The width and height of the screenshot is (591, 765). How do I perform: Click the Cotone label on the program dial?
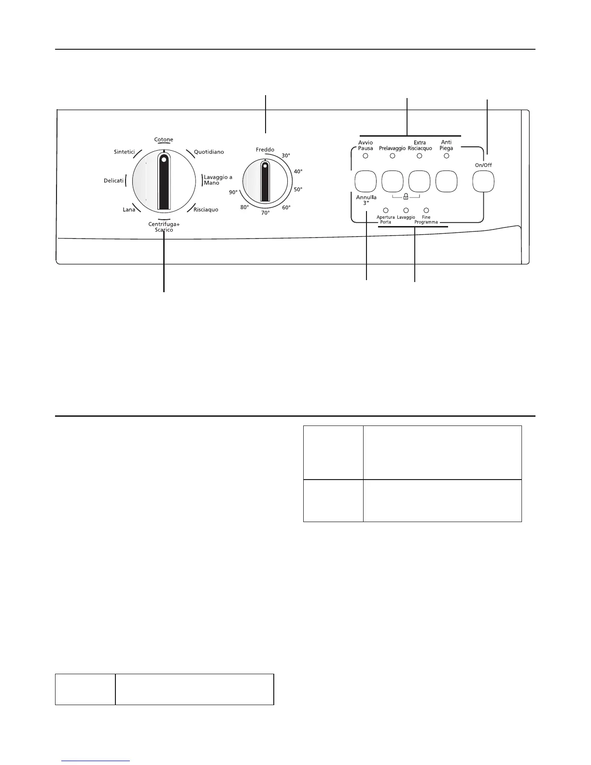(164, 140)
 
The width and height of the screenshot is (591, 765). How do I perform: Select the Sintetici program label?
(124, 152)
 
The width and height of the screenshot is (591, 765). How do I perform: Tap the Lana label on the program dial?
(129, 210)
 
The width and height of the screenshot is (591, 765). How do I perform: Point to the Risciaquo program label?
(206, 210)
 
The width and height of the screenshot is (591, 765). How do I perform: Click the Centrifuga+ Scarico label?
(164, 227)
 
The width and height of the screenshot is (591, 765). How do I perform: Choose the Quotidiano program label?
(209, 152)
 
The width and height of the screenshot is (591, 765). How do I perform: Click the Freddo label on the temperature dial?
(265, 150)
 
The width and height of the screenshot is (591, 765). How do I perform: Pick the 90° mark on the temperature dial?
(233, 192)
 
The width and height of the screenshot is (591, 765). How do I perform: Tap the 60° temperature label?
(286, 208)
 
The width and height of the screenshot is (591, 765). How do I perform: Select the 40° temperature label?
(298, 171)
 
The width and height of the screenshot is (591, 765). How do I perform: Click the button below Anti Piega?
(447, 182)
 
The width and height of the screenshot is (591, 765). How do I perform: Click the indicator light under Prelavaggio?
(393, 156)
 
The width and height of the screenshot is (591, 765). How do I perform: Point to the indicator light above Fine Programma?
(426, 211)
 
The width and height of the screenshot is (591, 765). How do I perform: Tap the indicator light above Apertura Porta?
(386, 211)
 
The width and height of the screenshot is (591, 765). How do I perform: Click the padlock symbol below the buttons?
(406, 197)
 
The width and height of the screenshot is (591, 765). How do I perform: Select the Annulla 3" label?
(366, 200)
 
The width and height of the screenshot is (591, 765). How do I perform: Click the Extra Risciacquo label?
(420, 145)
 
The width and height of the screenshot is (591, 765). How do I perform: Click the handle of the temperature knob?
(265, 182)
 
